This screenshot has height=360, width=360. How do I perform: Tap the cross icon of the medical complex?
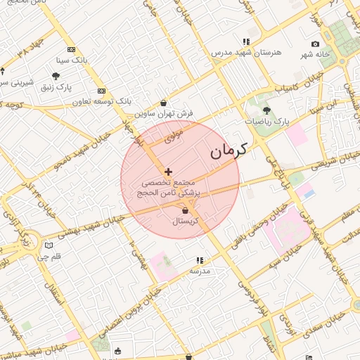point(168,172)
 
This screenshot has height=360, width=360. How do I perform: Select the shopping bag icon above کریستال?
point(185,210)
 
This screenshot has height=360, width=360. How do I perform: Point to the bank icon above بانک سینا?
point(71,50)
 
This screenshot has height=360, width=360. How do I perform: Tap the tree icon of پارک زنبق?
point(56,76)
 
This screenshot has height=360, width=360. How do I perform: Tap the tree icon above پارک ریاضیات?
point(266,110)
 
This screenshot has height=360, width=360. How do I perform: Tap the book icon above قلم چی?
point(48,245)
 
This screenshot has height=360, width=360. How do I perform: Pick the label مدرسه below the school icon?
point(200,271)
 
